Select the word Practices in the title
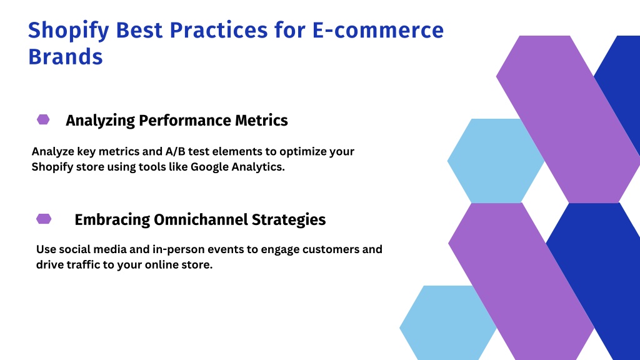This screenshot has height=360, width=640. click(x=218, y=30)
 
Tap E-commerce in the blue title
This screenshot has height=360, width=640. click(x=378, y=30)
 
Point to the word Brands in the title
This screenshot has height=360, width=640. click(x=65, y=56)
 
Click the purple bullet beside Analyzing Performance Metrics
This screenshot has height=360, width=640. click(x=43, y=119)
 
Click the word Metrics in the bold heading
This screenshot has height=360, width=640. click(x=261, y=121)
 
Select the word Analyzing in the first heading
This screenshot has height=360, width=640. click(x=101, y=121)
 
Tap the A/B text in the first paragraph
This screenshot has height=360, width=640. click(x=175, y=151)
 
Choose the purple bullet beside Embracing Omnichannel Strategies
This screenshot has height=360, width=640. click(x=44, y=219)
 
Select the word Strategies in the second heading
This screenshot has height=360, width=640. click(x=289, y=220)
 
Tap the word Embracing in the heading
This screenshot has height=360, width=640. click(x=112, y=220)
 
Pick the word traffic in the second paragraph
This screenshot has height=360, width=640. click(x=83, y=264)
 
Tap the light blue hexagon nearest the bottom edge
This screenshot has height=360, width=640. click(x=448, y=322)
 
